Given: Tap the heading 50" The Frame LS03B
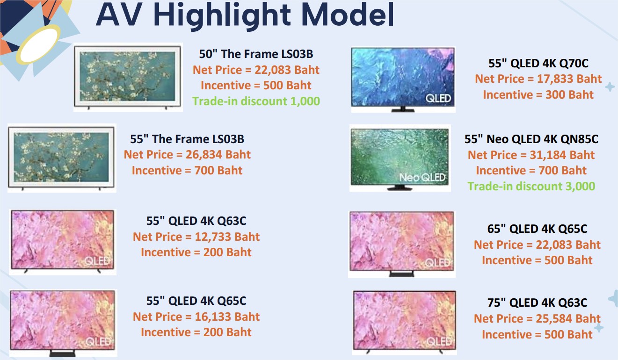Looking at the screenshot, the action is click(256, 54).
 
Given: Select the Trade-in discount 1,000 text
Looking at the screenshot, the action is click(256, 101).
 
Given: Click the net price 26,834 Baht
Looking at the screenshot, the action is click(187, 155).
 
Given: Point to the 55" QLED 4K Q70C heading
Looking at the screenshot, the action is click(538, 64).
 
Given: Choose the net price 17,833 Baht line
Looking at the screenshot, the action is click(538, 79).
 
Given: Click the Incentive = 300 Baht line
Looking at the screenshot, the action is click(538, 95).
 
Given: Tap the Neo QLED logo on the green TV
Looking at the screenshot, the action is click(422, 177).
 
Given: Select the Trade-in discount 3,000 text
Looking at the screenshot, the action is click(531, 187).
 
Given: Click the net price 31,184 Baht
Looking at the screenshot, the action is click(531, 155).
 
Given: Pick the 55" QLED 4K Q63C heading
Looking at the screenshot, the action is click(196, 221).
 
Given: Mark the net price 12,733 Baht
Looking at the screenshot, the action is click(196, 237).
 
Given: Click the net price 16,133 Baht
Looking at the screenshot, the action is click(196, 317).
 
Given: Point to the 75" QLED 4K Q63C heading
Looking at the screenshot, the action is click(537, 302).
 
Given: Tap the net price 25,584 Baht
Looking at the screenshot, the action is click(537, 319).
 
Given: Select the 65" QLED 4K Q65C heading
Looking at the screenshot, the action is click(537, 229).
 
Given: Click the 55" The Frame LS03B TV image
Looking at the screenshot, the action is click(61, 158).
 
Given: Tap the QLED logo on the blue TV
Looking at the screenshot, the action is click(438, 98).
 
